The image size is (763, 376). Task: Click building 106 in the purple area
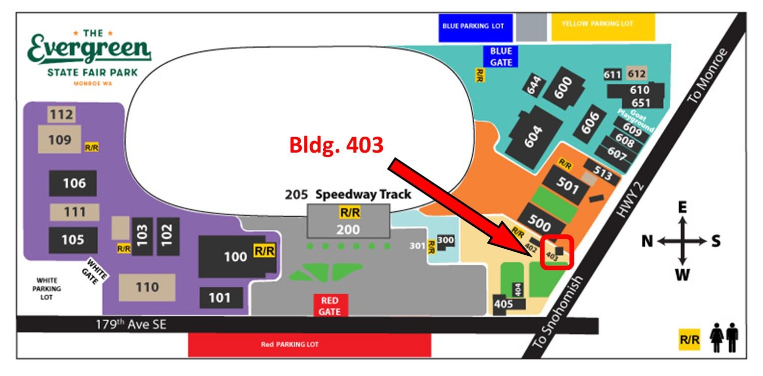pos(73,184)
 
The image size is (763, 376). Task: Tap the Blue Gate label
pos(501,56)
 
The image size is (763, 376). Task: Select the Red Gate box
pos(330,306)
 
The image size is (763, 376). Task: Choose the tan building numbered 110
pos(147,287)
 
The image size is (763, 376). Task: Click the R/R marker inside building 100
pos(264,251)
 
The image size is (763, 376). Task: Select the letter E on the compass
pos(683,207)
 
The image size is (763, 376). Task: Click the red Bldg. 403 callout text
pos(337,145)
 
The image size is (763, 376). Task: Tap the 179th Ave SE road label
pos(131,325)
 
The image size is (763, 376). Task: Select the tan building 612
pos(636,74)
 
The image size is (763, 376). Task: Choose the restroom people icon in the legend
pos(725,338)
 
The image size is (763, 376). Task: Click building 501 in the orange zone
pos(568,186)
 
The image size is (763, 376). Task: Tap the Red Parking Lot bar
pos(309,345)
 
